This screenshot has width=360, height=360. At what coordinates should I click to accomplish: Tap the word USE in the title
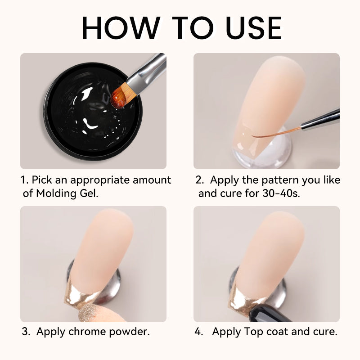tap(254, 28)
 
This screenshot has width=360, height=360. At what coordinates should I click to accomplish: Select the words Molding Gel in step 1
tap(67, 193)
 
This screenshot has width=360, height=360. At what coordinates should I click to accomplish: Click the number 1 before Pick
tap(24, 180)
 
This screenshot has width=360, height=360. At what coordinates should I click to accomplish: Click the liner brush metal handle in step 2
tap(320, 120)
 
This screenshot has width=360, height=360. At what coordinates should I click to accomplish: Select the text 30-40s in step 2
tap(281, 193)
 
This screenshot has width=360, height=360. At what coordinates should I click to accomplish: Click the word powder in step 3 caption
tap(129, 332)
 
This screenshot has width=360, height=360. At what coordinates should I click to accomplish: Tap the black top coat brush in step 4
tap(269, 313)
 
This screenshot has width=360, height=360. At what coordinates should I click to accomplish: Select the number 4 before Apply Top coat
tap(198, 332)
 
